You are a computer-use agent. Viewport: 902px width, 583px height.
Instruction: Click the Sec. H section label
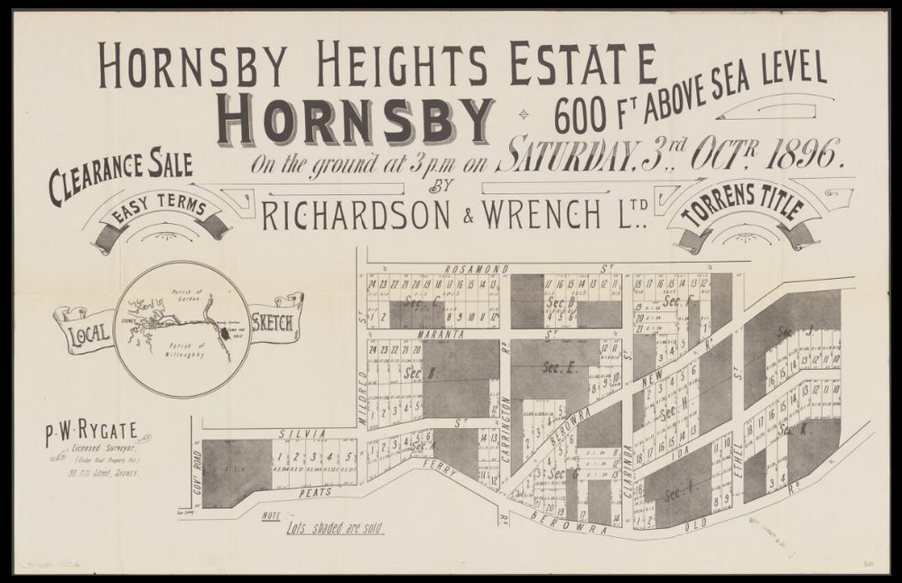670,412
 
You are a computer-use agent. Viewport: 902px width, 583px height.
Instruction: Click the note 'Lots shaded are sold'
333,529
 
